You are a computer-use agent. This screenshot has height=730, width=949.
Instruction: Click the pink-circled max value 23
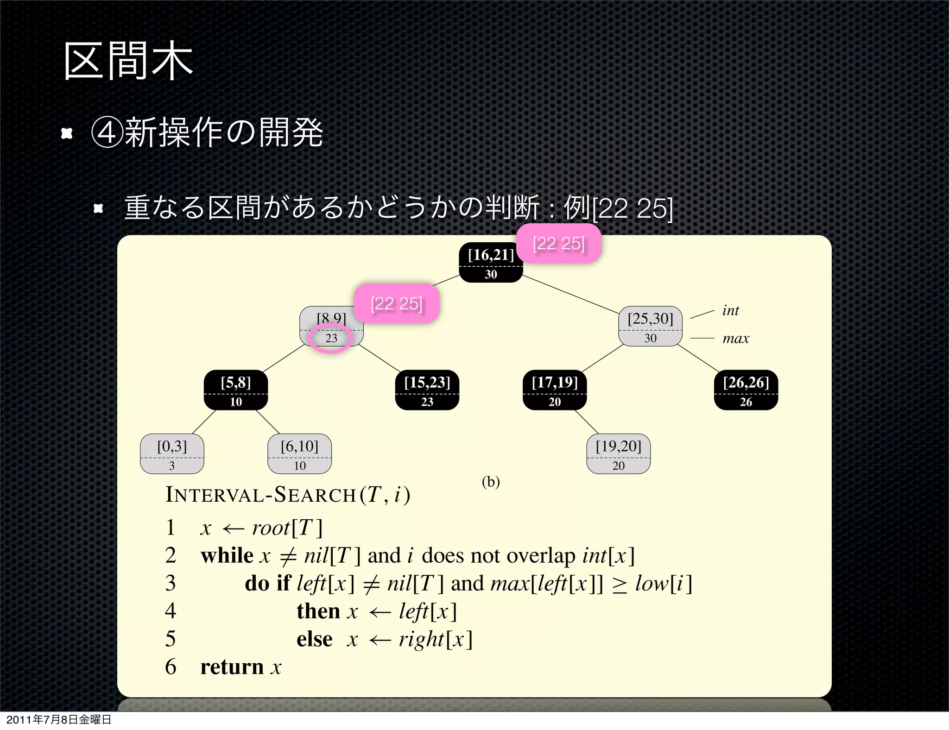[x=331, y=338]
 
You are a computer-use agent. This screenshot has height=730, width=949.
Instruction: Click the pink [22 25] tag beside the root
[x=559, y=244]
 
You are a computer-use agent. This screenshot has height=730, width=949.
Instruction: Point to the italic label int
[x=730, y=310]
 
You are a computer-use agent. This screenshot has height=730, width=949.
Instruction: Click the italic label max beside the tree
[x=735, y=339]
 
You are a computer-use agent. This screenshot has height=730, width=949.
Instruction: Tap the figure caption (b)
[x=491, y=482]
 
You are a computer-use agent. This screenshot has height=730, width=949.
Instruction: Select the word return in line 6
[x=232, y=667]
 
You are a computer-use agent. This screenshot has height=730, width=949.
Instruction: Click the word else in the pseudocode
[x=314, y=639]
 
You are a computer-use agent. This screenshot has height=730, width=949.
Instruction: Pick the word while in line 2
[x=227, y=555]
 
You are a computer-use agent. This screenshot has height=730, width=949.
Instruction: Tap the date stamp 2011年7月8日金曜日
[x=59, y=719]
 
